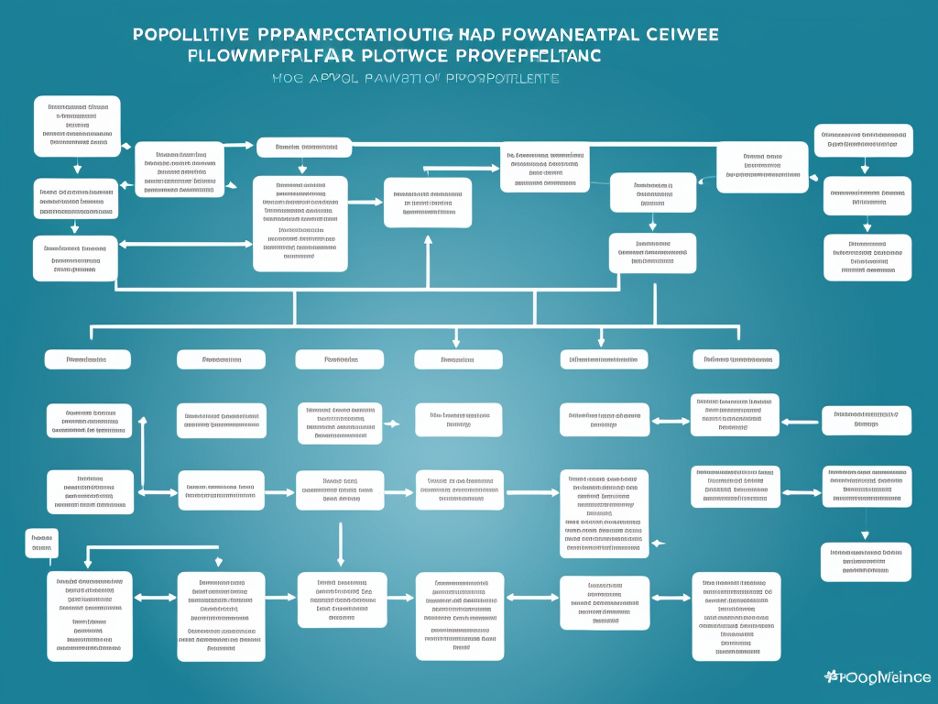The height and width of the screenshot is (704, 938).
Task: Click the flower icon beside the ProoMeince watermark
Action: tap(832, 676)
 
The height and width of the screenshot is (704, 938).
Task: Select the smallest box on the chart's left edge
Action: tap(41, 543)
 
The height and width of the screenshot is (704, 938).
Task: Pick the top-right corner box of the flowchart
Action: tap(863, 139)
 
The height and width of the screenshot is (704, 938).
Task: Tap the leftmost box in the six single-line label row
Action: tap(87, 359)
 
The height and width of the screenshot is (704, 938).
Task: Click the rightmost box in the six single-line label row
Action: tap(735, 359)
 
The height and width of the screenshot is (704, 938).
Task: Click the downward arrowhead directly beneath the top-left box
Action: tap(77, 169)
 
